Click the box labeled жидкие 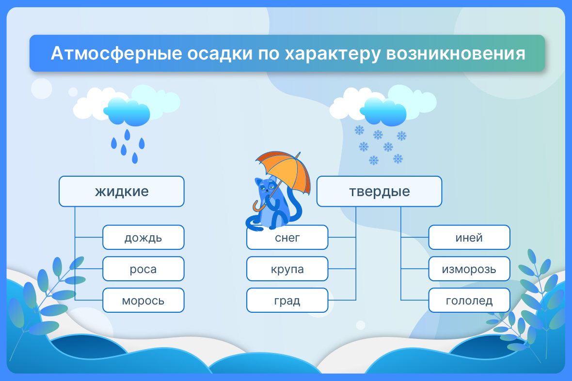click(122, 191)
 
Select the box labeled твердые click(380, 191)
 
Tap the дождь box click(143, 237)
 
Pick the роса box click(143, 269)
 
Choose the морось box click(143, 300)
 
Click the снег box click(287, 237)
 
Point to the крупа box click(287, 269)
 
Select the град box click(287, 300)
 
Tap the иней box click(469, 237)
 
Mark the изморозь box click(469, 269)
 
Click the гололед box click(469, 300)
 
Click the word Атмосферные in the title click(116, 54)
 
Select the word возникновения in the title click(456, 54)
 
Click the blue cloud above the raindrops click(127, 111)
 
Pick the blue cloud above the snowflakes click(383, 111)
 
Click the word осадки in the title click(220, 54)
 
